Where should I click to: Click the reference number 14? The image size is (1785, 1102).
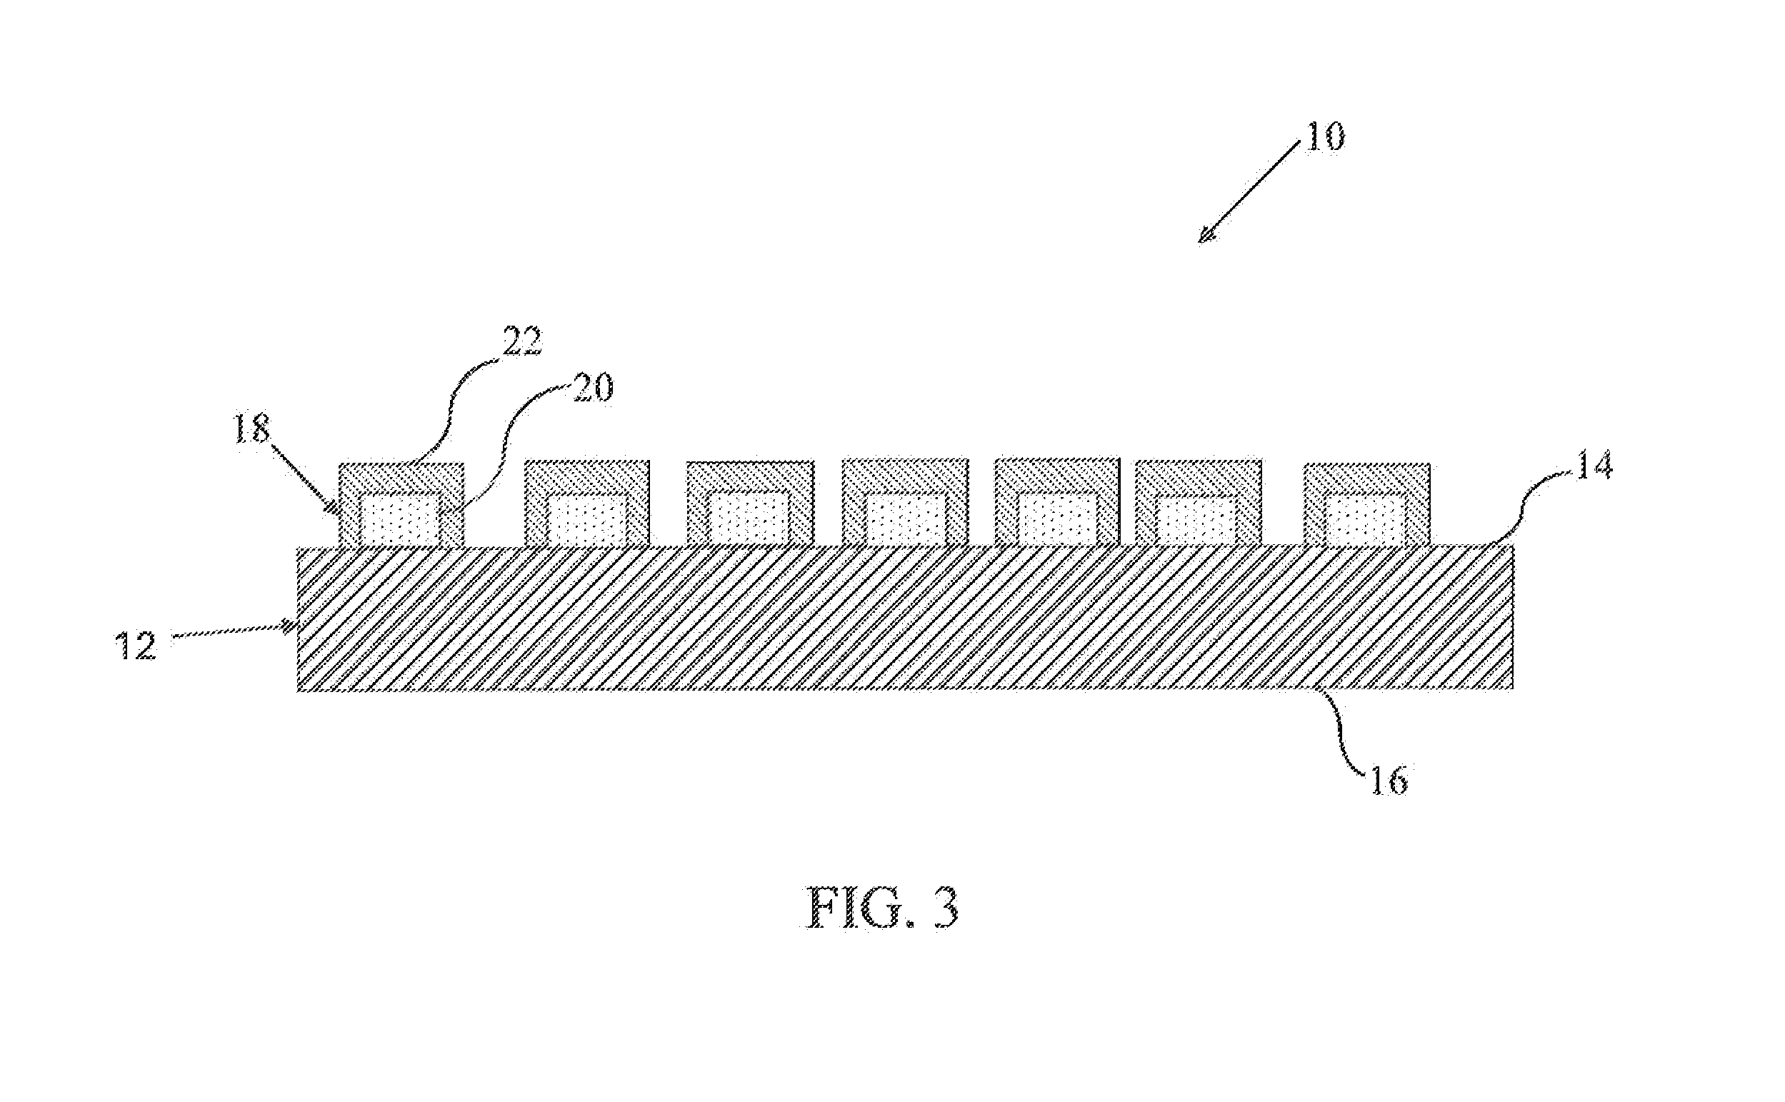point(1594,465)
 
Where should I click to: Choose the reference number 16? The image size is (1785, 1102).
point(1389,781)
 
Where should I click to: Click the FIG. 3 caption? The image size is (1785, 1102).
point(882,908)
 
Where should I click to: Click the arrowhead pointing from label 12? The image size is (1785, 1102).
point(289,626)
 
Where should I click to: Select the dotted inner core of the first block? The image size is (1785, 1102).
point(400,521)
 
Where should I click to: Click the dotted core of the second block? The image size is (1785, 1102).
point(586,521)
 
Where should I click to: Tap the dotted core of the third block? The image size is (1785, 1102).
point(749,521)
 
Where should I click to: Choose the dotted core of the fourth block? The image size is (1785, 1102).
point(904,521)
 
